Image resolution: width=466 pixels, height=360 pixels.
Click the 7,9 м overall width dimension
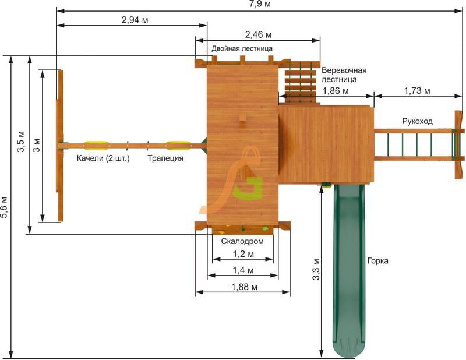(260, 4)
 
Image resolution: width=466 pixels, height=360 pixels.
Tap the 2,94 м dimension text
(135, 20)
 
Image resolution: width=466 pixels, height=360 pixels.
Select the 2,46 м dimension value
(258, 35)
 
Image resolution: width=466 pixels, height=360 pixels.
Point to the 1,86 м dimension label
(336, 91)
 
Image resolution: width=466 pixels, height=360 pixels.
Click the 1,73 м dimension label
(417, 91)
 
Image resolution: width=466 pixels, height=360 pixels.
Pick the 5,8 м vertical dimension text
(5, 207)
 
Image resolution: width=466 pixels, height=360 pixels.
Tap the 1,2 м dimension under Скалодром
(243, 254)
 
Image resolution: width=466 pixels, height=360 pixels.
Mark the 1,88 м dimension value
(244, 287)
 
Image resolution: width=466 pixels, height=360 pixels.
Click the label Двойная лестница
(242, 48)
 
